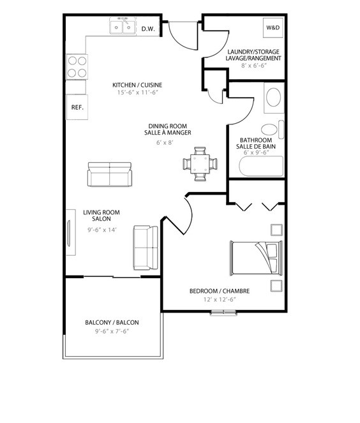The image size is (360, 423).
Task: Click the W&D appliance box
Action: (x=273, y=27)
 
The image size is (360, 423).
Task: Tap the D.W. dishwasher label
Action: (x=148, y=29)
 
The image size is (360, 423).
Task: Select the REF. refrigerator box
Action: (x=77, y=107)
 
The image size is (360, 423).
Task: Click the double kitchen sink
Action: (x=123, y=26)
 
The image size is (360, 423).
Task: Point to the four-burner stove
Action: (x=77, y=66)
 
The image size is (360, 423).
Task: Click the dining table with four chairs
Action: (x=200, y=164)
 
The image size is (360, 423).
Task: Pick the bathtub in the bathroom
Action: (x=261, y=166)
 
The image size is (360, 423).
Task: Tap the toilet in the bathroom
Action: (x=273, y=130)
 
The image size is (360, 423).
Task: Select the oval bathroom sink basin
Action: (x=273, y=97)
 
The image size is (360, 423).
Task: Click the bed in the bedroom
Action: (x=256, y=258)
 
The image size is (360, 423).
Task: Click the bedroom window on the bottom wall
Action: (x=223, y=313)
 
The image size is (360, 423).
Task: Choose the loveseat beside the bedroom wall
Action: (x=146, y=248)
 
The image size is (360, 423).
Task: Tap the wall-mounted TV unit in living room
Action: (x=71, y=232)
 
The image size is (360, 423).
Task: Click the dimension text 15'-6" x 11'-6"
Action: (x=137, y=93)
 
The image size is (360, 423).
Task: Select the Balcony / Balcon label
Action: (x=112, y=322)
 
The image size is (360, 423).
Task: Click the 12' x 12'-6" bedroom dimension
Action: (x=220, y=299)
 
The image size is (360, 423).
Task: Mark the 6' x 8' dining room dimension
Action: (x=165, y=142)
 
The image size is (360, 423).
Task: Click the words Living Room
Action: (x=101, y=212)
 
